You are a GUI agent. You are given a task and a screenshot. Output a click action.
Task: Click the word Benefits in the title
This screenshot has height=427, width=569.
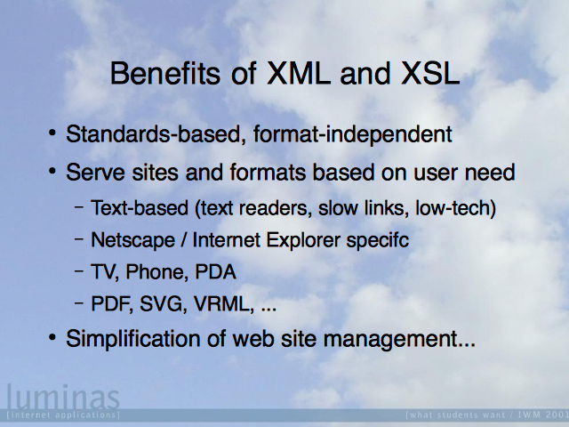tap(165, 73)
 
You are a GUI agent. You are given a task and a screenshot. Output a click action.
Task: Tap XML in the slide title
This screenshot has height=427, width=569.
tap(299, 73)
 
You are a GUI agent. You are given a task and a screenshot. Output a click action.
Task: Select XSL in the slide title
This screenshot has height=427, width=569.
tap(430, 73)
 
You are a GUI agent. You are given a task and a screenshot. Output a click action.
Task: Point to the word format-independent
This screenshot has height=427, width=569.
tap(353, 134)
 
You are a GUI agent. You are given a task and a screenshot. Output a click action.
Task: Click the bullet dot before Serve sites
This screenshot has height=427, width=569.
tap(52, 170)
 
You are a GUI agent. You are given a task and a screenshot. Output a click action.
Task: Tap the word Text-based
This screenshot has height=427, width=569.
tap(140, 207)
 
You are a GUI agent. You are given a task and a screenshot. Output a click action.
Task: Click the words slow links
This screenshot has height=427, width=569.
tap(361, 207)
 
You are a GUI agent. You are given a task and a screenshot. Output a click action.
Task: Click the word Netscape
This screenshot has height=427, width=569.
tap(132, 240)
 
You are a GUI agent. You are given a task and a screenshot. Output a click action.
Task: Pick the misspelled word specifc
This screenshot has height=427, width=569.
tap(377, 240)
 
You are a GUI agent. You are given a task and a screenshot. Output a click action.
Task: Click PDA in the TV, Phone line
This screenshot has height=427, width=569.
tap(215, 271)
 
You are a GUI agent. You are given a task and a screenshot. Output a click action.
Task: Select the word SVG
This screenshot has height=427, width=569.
tap(163, 303)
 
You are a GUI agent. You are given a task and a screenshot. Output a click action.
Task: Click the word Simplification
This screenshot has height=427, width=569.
tap(132, 339)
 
